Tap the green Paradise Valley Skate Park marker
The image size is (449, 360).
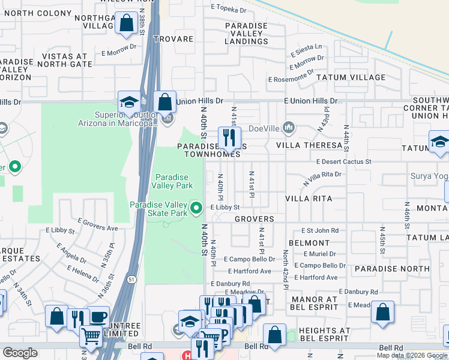click(196, 209)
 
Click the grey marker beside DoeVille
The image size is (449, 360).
click(289, 127)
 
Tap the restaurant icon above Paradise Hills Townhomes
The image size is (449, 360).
click(229, 137)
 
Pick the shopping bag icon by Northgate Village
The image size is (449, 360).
click(127, 24)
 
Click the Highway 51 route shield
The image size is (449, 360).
click(131, 278)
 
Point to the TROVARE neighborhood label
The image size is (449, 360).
click(173, 39)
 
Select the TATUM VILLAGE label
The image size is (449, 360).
click(351, 77)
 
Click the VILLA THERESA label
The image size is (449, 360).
click(309, 145)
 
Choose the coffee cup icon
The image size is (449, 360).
click(98, 317)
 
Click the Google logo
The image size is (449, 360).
click(20, 353)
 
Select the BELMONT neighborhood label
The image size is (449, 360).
click(309, 243)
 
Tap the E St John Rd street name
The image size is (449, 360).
click(320, 230)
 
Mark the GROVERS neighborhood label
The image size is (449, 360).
click(254, 220)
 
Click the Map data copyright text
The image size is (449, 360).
click(411, 355)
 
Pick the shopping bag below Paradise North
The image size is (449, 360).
click(382, 312)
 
